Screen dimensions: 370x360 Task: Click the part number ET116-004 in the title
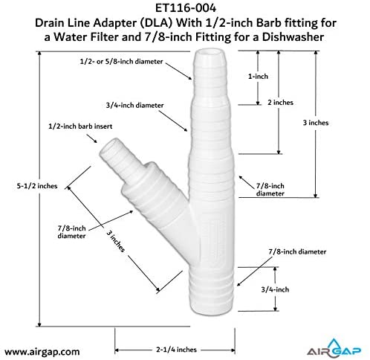tap(186, 8)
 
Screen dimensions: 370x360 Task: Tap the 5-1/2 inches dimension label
tap(37, 186)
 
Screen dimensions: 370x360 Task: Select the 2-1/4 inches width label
tap(176, 350)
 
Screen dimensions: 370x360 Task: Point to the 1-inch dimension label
tap(258, 77)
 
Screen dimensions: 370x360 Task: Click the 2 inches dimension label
tap(280, 103)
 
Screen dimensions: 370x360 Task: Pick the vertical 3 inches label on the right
tap(316, 123)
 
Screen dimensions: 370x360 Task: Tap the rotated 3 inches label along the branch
tap(116, 241)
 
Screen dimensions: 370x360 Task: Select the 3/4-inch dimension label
tap(275, 289)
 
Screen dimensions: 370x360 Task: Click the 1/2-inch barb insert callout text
tap(80, 126)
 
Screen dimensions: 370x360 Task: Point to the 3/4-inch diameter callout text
tap(134, 105)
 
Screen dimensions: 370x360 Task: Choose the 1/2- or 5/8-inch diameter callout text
tap(121, 61)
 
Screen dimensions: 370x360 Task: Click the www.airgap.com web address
tap(42, 352)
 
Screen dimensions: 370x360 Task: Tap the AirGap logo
tap(334, 348)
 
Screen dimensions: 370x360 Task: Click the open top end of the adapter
tap(210, 53)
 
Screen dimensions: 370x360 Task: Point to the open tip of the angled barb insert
tap(109, 147)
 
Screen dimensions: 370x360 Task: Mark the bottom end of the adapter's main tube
tap(212, 311)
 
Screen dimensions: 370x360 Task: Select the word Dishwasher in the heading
tap(293, 37)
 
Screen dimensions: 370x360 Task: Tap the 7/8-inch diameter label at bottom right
tap(297, 251)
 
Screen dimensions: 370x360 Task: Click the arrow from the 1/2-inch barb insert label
tap(91, 138)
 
